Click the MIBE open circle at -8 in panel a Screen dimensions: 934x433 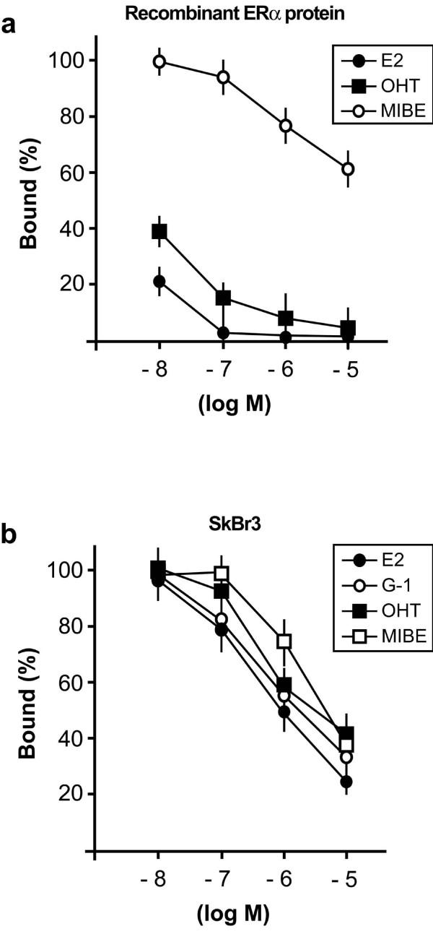click(159, 61)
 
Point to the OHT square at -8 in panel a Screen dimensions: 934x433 click(159, 231)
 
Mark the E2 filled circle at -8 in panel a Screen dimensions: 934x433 click(159, 282)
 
